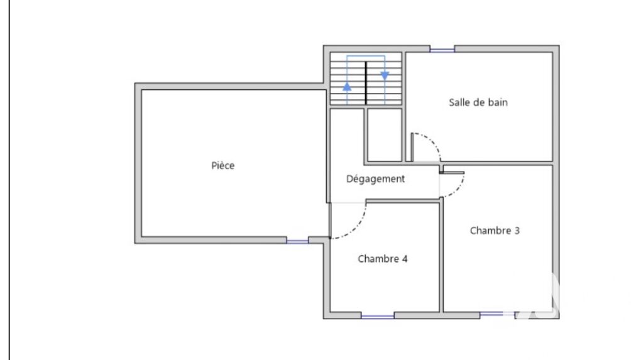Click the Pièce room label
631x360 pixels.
[223, 165]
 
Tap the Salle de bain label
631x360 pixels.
[478, 102]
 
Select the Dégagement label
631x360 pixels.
[375, 179]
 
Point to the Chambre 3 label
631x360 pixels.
[495, 231]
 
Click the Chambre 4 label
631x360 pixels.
[383, 259]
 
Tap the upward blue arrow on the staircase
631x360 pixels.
[347, 87]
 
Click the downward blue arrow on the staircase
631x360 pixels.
[385, 75]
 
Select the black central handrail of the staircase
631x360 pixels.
[366, 83]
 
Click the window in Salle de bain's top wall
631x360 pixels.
[442, 50]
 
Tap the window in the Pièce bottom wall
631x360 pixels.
[297, 241]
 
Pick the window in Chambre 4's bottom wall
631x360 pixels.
[378, 317]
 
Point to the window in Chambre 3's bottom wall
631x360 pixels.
[497, 314]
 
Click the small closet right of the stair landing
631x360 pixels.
[385, 135]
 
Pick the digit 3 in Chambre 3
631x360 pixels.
[517, 231]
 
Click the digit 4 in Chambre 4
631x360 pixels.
[405, 259]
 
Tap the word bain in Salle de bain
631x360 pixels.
[498, 102]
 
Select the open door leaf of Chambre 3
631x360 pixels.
[452, 173]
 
